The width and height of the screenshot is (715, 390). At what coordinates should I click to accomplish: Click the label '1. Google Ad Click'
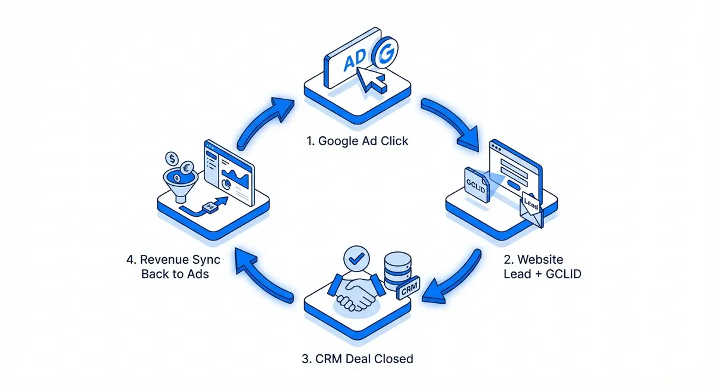(x=357, y=141)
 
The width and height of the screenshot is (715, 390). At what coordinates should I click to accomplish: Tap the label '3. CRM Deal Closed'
(x=357, y=358)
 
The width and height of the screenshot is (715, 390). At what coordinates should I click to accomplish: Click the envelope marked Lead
(x=531, y=210)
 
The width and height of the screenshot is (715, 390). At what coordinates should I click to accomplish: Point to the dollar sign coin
(x=172, y=159)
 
